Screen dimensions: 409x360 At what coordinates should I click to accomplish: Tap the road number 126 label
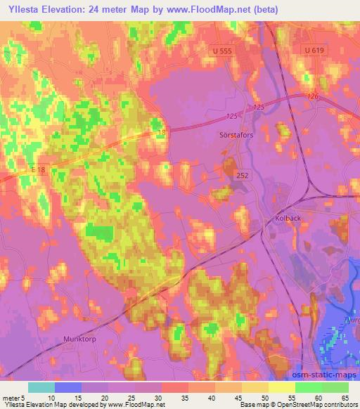coord(313,97)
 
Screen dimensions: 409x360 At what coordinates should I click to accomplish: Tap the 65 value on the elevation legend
coord(344,398)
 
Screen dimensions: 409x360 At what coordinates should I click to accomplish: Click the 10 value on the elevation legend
coord(51,398)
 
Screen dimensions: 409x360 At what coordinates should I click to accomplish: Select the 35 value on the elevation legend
coord(184,398)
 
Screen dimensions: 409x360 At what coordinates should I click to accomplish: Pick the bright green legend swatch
coord(308,387)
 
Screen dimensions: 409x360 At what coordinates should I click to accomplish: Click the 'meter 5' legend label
coord(13,398)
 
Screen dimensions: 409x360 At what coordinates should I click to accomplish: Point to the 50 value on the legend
coord(264,398)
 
